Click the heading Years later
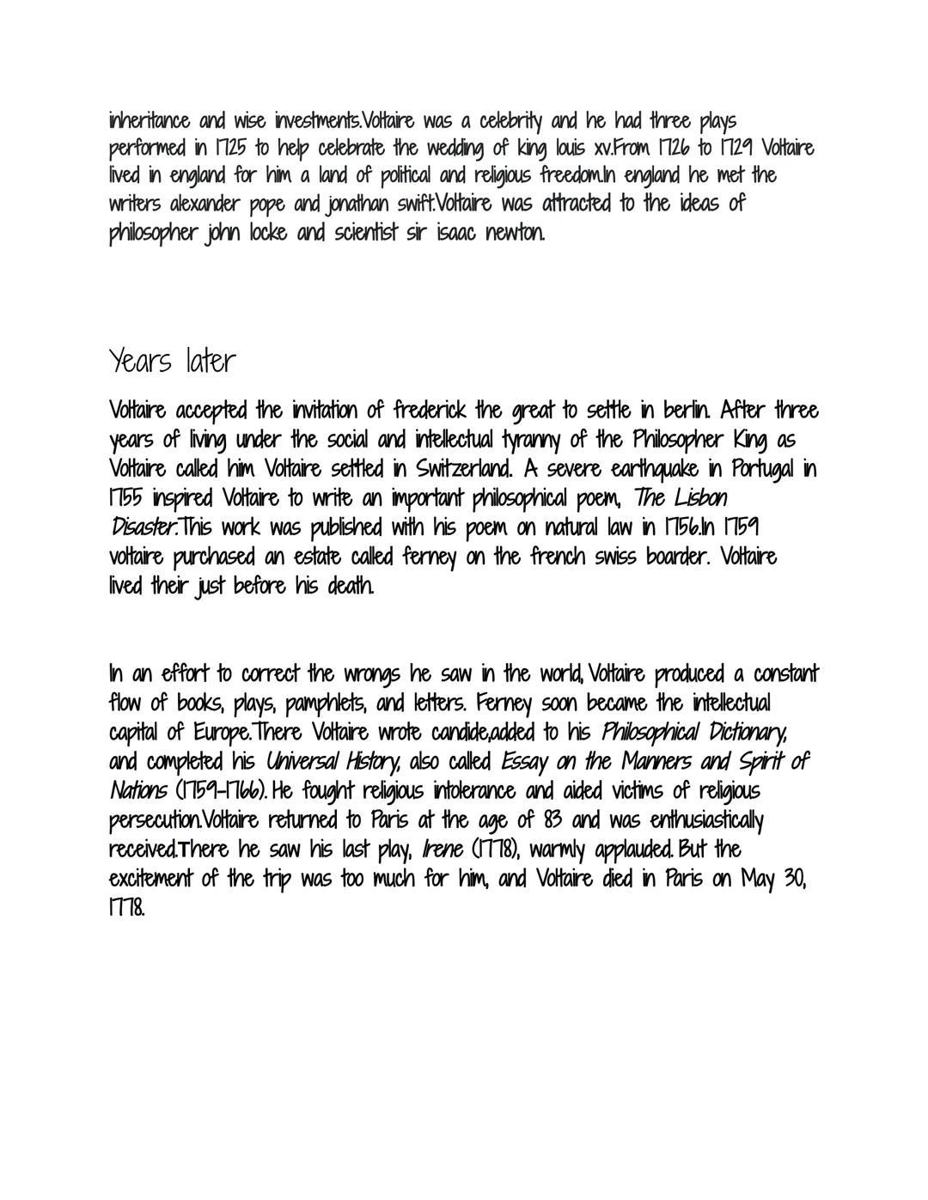(171, 362)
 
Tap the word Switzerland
(441, 470)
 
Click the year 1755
(127, 499)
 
